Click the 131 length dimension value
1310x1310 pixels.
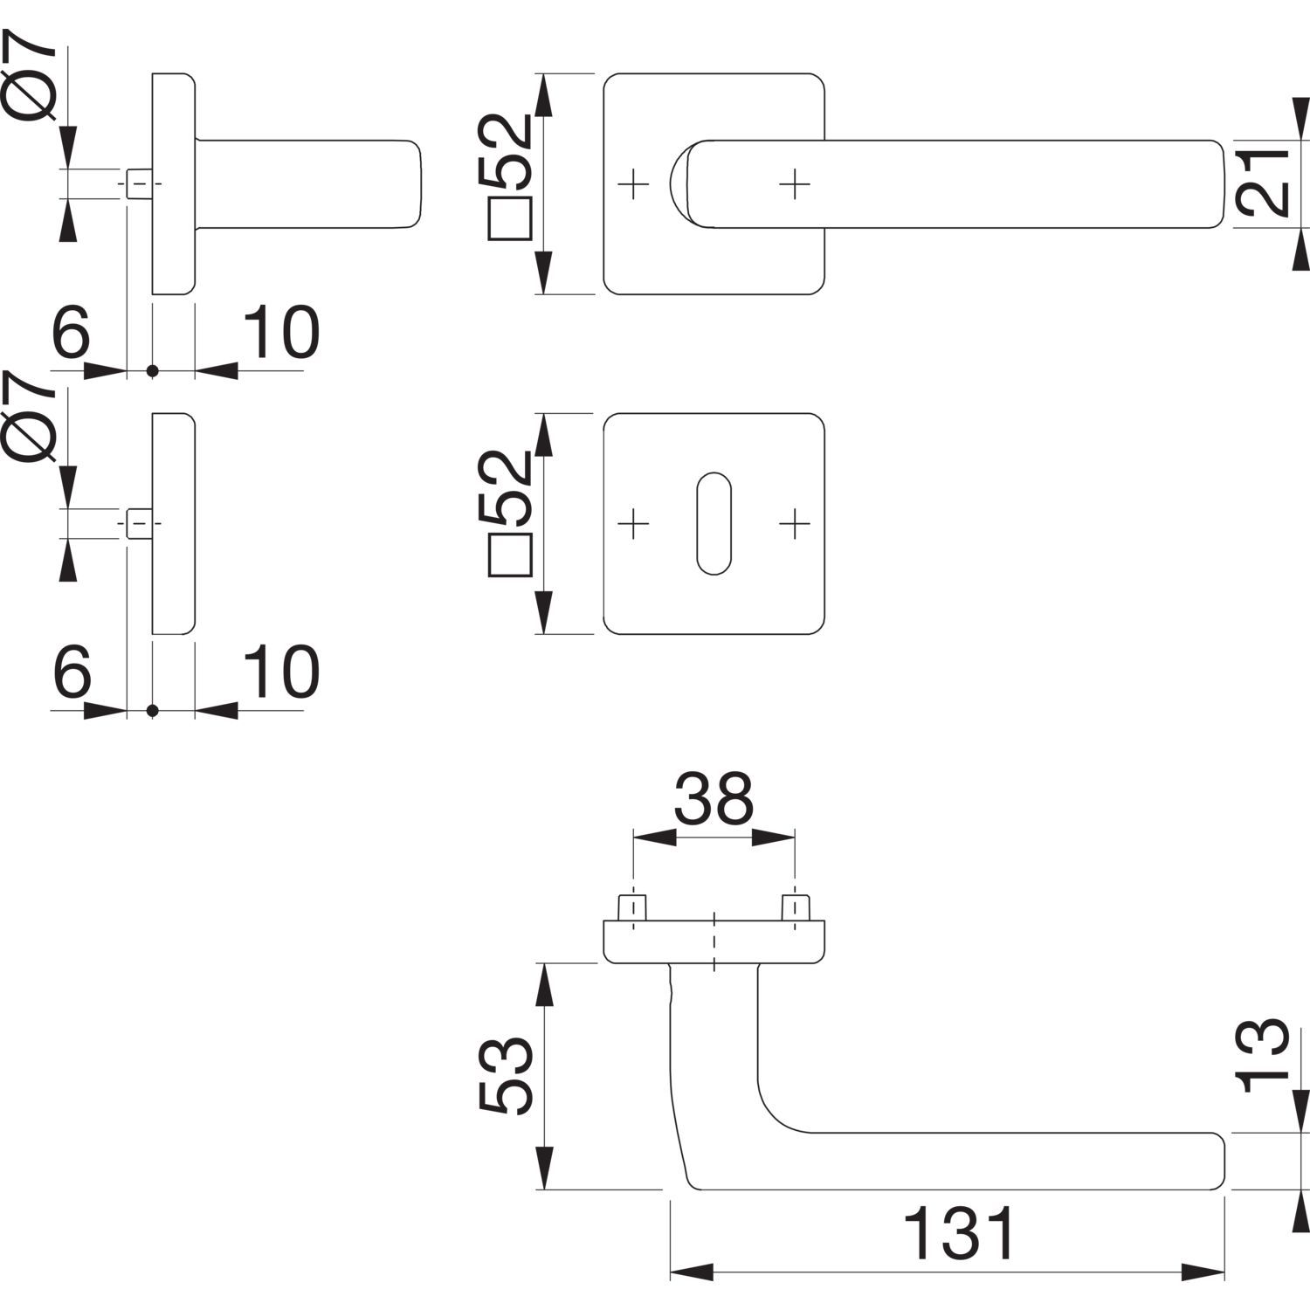tap(958, 1233)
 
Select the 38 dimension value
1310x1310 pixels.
tap(714, 798)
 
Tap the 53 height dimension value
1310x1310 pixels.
tap(506, 1076)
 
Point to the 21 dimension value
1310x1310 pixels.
tap(1263, 183)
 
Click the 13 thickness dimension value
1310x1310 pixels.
tap(1263, 1055)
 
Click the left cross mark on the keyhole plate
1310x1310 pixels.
tap(634, 524)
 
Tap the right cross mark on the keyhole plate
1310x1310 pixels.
tap(794, 524)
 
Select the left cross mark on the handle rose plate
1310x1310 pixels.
tap(634, 184)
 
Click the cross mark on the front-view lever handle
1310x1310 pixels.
tap(794, 184)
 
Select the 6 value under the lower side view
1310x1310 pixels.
tap(71, 672)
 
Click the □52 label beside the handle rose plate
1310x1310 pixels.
tap(509, 175)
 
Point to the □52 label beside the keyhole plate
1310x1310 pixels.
tap(509, 514)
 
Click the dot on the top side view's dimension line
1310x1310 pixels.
tap(153, 371)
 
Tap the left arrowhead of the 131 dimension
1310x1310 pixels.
tap(690, 1271)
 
